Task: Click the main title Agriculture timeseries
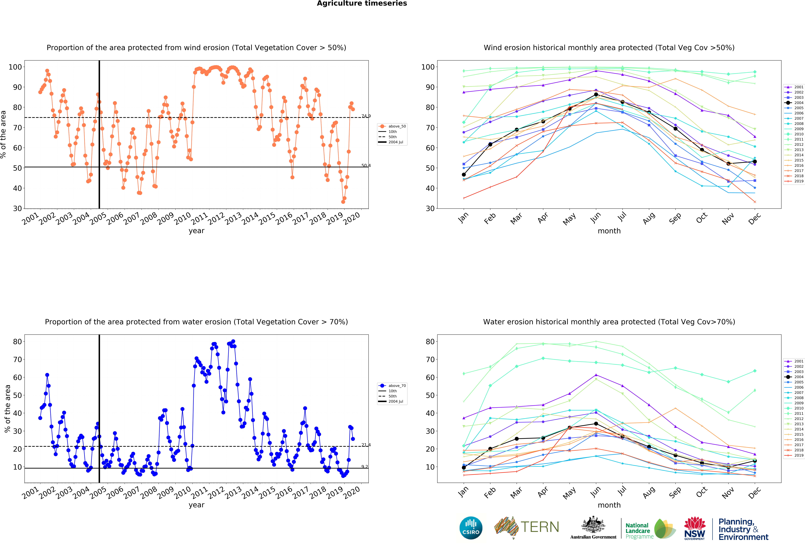click(362, 3)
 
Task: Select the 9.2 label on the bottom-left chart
click(365, 466)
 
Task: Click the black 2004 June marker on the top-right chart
click(596, 94)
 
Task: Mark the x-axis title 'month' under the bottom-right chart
click(609, 505)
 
